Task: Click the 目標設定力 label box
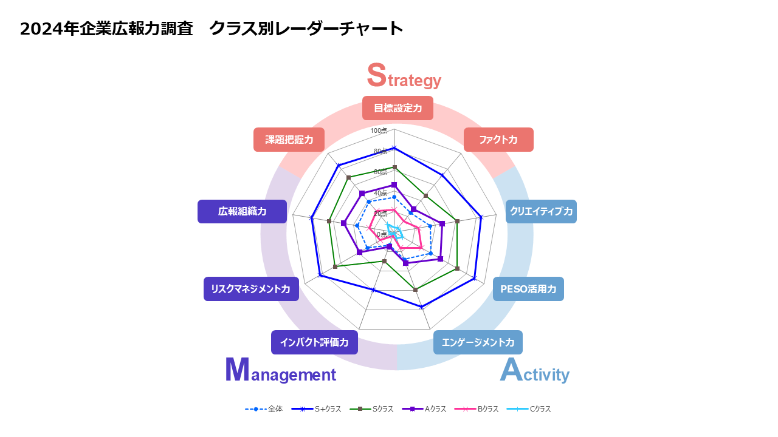398,108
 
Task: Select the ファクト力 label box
498,140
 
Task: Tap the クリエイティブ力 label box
541,212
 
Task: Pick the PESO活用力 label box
528,289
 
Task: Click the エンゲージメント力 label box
478,342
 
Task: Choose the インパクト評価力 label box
314,342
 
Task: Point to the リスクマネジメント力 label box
251,289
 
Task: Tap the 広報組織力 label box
242,212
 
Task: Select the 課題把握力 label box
289,140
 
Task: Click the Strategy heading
404,76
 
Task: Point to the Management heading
281,370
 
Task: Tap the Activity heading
534,370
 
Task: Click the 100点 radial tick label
379,130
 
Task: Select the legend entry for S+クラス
317,409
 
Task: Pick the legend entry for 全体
264,409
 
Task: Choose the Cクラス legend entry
529,409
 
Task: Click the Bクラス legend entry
477,409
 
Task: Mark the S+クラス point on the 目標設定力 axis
394,148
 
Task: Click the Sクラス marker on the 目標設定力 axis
394,167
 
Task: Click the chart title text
211,29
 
